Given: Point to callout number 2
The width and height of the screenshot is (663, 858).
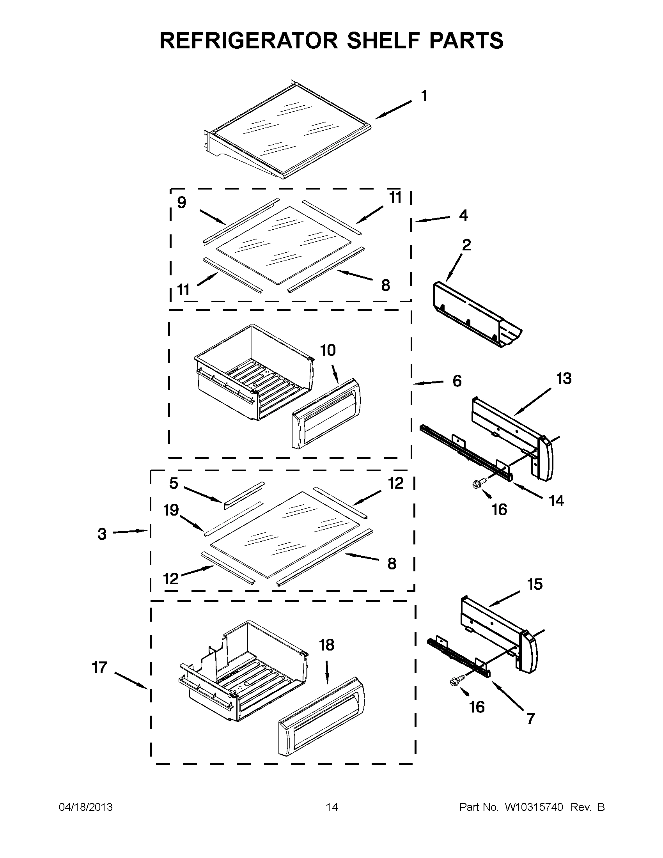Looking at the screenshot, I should coord(466,245).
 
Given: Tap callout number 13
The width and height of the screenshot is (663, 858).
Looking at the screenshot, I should coord(564,379).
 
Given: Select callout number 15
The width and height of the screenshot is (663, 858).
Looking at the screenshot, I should coord(535,584).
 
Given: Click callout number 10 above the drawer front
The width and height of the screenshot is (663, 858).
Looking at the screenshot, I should coord(328,350).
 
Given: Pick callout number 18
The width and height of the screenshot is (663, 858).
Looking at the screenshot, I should coord(326,645).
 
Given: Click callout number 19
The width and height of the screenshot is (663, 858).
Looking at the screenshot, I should coord(171,511).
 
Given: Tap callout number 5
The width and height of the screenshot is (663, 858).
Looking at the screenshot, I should coord(174,483).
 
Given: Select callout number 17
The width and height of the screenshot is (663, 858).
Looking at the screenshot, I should coord(99,667).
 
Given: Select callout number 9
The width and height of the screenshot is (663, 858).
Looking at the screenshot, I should coord(181,203).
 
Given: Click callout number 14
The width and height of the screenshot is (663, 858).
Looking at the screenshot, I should coord(557,501).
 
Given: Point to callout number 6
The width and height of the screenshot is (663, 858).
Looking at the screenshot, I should coord(457,381).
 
